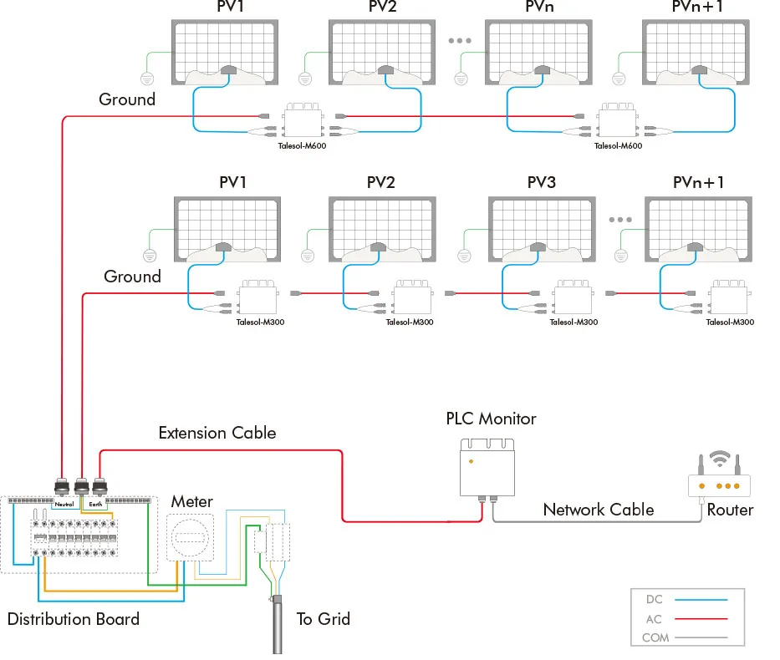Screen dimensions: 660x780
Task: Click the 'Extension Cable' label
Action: [217, 433]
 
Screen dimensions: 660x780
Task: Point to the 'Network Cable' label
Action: [598, 510]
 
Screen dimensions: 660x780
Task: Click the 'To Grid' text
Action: [323, 619]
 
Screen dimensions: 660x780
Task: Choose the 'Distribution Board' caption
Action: [74, 619]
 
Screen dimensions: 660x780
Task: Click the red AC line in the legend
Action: [700, 619]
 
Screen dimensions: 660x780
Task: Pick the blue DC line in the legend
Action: [700, 600]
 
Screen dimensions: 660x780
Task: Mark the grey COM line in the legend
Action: [700, 638]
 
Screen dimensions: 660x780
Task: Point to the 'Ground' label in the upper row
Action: [127, 99]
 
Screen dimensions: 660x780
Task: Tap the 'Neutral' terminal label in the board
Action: [64, 504]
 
